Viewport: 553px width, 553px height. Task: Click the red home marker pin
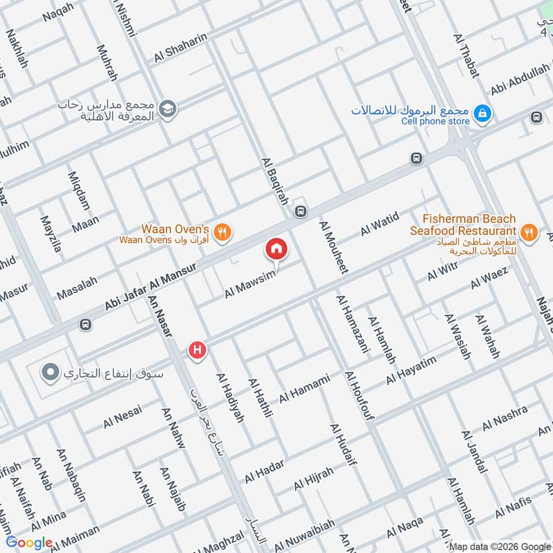coord(276,250)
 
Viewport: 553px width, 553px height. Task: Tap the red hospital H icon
coord(198,351)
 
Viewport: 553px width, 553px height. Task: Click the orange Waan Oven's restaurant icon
coord(222,232)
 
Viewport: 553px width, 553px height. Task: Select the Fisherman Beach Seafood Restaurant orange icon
coord(529,232)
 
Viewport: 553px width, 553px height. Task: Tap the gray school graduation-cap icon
coord(167,109)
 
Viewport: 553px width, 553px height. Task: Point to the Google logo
coord(30,543)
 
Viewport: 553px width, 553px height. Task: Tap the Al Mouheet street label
coord(331,248)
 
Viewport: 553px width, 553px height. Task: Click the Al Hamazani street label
coord(346,324)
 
